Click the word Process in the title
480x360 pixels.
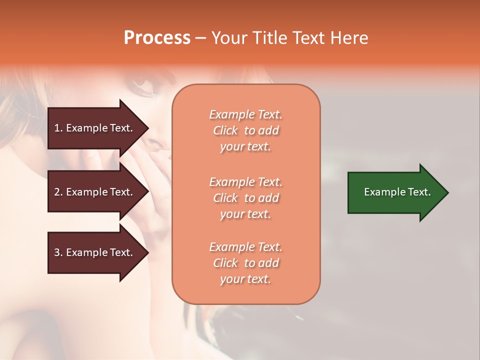coord(157,38)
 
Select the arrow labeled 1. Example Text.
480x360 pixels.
coord(95,128)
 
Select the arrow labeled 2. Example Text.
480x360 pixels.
coord(95,192)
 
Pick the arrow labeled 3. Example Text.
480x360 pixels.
coord(95,252)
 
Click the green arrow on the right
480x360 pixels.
coord(395,192)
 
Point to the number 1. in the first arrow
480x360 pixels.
coord(58,128)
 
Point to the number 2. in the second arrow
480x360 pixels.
coord(58,192)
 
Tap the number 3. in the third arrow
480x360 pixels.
coord(58,252)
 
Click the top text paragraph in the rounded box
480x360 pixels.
coord(245,130)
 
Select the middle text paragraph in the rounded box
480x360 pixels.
coord(245,198)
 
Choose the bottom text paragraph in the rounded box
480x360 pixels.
coord(245,263)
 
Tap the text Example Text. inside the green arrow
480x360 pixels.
coord(397,192)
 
